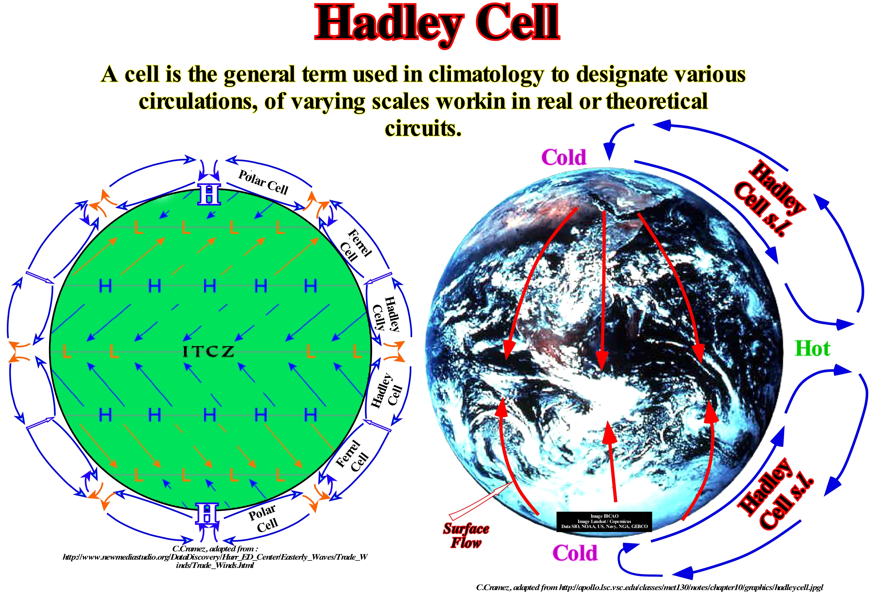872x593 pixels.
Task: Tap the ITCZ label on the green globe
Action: click(x=208, y=352)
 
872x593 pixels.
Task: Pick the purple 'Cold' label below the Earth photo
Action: click(x=575, y=553)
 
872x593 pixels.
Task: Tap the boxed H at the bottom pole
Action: click(x=207, y=514)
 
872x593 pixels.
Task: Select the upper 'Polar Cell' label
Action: click(x=263, y=182)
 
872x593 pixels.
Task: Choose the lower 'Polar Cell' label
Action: click(x=263, y=518)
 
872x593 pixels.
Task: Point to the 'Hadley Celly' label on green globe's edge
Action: click(x=386, y=314)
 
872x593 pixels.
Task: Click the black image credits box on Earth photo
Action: click(x=604, y=521)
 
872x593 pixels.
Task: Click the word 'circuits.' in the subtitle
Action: click(x=423, y=128)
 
